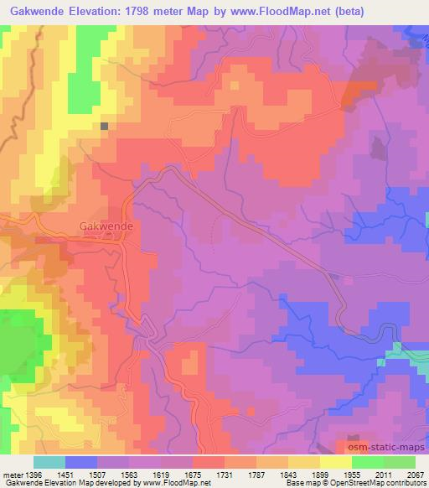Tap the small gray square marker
[105, 127]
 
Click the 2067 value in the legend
[416, 474]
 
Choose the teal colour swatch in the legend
[49, 462]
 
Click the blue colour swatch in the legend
[81, 462]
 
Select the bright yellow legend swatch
[336, 462]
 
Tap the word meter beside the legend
[14, 474]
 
